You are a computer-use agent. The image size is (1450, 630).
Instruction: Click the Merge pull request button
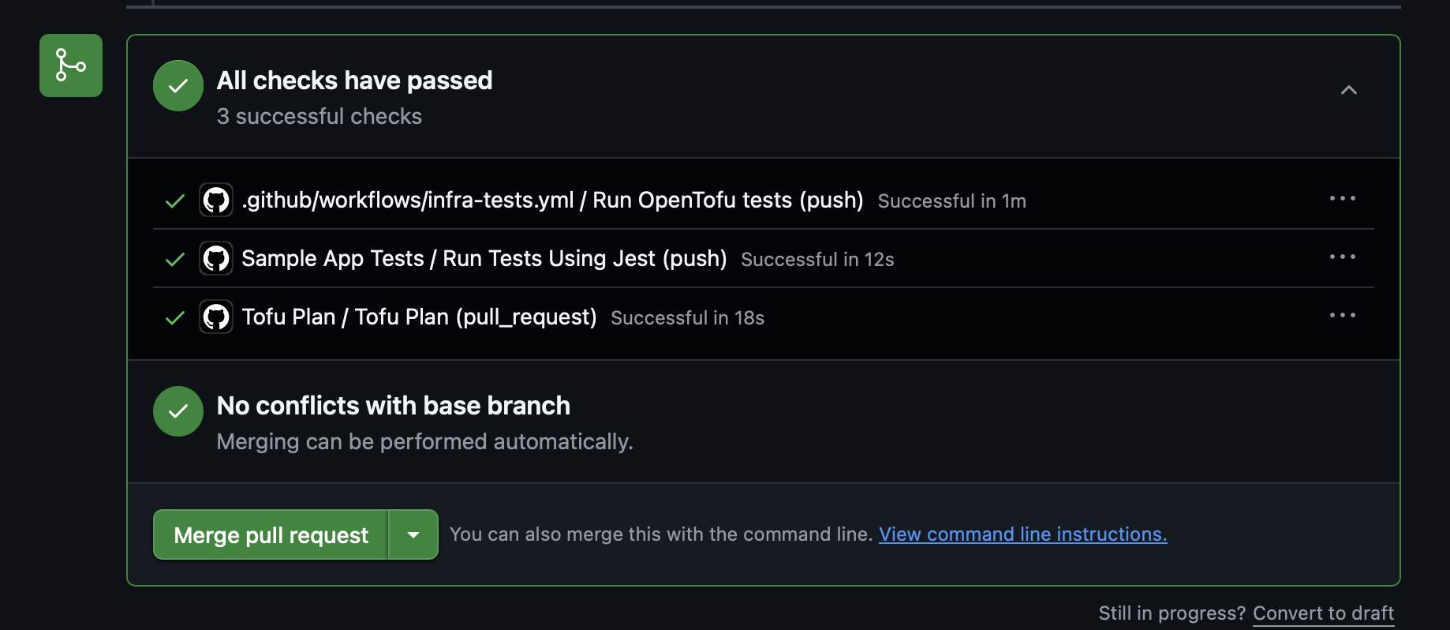271,534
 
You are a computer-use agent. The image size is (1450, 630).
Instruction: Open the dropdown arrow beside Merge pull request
413,534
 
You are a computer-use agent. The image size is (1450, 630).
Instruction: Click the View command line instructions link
1022,534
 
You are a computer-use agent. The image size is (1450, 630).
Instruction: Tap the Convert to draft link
1323,613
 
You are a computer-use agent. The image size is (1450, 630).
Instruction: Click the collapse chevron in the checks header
1349,90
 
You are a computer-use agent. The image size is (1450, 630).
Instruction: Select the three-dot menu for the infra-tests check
1342,198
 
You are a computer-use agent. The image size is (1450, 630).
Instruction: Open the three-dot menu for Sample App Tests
1342,257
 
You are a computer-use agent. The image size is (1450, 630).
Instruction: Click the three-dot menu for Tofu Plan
1342,315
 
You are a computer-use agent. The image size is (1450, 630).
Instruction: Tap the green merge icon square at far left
71,66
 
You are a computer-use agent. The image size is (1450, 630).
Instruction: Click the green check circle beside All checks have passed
178,86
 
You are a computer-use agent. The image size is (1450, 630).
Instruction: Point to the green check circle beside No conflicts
178,411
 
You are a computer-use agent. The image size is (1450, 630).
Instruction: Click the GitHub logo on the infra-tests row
216,200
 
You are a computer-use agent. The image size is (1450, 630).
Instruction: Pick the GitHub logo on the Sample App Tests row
216,258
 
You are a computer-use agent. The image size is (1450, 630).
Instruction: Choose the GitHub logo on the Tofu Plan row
216,317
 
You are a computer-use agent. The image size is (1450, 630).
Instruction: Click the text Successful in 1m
952,201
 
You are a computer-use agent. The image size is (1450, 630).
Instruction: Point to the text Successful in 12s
817,260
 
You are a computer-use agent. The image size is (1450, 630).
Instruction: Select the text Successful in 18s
687,318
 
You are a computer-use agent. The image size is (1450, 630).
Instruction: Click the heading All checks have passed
354,81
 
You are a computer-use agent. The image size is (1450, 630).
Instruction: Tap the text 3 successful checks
320,117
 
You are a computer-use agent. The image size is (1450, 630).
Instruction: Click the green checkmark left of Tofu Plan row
175,317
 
